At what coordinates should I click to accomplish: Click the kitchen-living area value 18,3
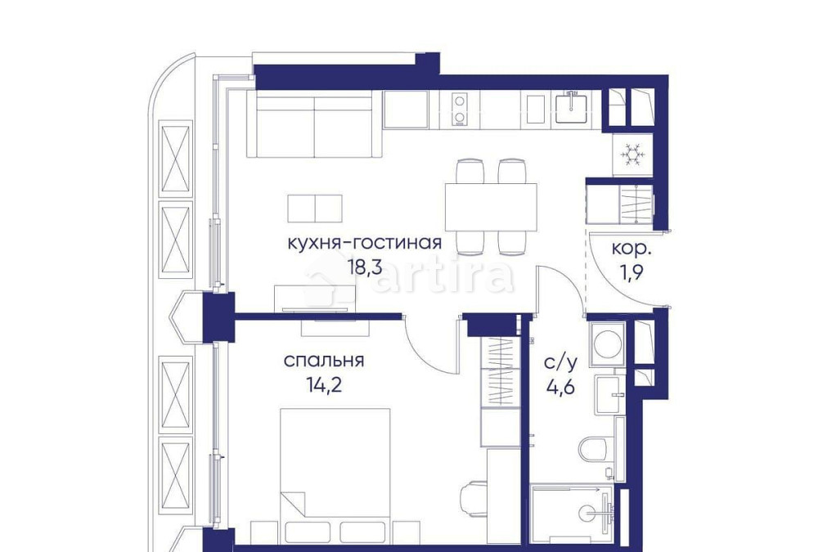click(x=365, y=267)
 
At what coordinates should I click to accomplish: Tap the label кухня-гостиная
click(x=365, y=243)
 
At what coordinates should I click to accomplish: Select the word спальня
click(x=324, y=361)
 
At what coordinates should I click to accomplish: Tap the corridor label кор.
click(x=632, y=248)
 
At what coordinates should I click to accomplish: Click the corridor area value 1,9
click(x=632, y=272)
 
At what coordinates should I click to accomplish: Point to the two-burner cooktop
click(x=460, y=110)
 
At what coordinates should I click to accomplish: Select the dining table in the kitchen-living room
click(x=490, y=206)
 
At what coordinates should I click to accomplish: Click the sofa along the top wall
click(x=314, y=124)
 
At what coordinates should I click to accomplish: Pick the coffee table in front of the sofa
click(x=315, y=208)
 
